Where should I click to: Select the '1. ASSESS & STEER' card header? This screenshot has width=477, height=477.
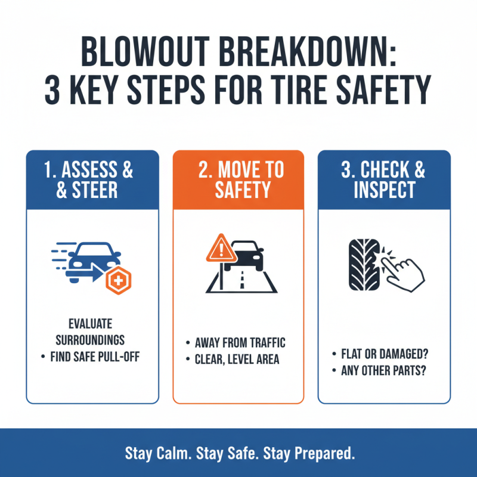tap(92, 179)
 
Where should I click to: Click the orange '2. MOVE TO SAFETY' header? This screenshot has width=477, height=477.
tap(238, 179)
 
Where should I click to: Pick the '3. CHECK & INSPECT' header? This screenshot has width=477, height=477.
tap(383, 179)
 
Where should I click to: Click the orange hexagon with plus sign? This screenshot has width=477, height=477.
tap(117, 281)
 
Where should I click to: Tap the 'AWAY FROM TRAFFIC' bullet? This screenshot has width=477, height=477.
tap(240, 343)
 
